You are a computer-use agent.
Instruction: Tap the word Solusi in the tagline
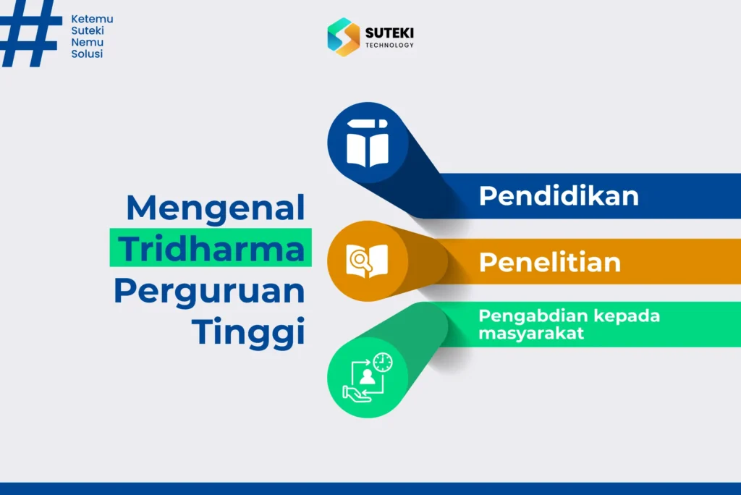pyautogui.click(x=87, y=54)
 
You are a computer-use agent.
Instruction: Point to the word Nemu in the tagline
pyautogui.click(x=87, y=43)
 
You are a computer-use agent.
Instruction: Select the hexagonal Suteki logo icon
pyautogui.click(x=343, y=37)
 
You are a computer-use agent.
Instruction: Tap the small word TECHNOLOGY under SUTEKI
pyautogui.click(x=389, y=46)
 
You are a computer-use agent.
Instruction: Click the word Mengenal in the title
pyautogui.click(x=216, y=209)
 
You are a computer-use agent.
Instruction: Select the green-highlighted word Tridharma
pyautogui.click(x=211, y=249)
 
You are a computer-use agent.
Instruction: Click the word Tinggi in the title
pyautogui.click(x=247, y=332)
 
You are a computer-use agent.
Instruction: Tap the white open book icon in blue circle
pyautogui.click(x=367, y=143)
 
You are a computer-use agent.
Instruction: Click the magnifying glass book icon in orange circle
pyautogui.click(x=367, y=261)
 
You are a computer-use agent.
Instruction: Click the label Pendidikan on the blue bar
pyautogui.click(x=559, y=196)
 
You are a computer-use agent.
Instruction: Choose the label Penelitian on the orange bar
pyautogui.click(x=550, y=262)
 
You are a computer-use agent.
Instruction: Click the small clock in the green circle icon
pyautogui.click(x=383, y=362)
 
